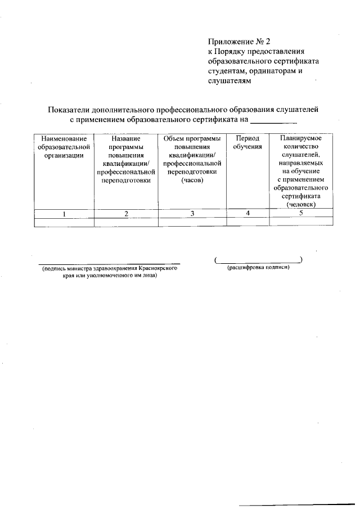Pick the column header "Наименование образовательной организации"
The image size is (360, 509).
pos(64,147)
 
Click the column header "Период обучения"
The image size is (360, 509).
pos(247,142)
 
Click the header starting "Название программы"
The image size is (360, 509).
pos(126,160)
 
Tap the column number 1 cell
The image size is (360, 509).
pos(64,214)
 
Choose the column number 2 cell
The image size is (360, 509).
pos(126,214)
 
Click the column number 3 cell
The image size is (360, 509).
pos(192,214)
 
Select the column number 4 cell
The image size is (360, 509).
pos(247,213)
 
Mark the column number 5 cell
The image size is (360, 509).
pos(301,213)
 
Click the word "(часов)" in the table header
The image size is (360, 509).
pos(192,181)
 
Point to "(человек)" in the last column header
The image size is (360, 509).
pos(301,205)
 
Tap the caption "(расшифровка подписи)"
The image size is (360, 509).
pos(258,268)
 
